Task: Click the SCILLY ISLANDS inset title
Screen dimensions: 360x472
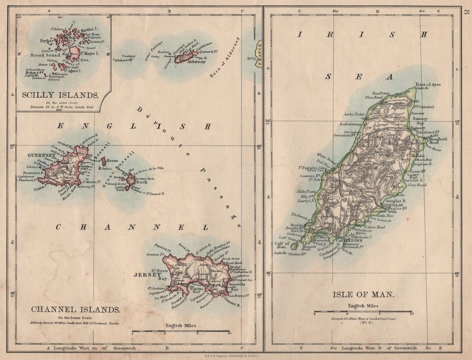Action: (x=60, y=95)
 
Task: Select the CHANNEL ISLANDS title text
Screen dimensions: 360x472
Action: (x=76, y=310)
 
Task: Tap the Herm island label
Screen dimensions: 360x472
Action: (x=112, y=160)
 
